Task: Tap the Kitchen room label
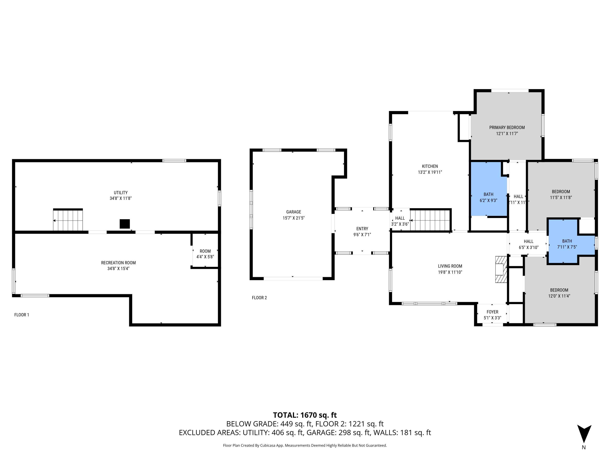point(430,166)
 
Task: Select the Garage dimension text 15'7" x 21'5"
point(293,218)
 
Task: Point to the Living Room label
point(450,266)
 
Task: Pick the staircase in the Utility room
point(68,220)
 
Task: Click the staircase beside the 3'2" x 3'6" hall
point(430,220)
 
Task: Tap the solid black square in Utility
point(125,224)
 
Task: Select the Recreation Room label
point(118,263)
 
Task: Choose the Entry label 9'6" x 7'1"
point(362,232)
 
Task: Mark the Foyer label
point(492,312)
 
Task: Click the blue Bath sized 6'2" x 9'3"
point(488,189)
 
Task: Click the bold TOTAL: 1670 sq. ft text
point(305,415)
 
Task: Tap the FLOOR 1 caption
point(22,315)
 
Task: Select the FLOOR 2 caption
point(259,298)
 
